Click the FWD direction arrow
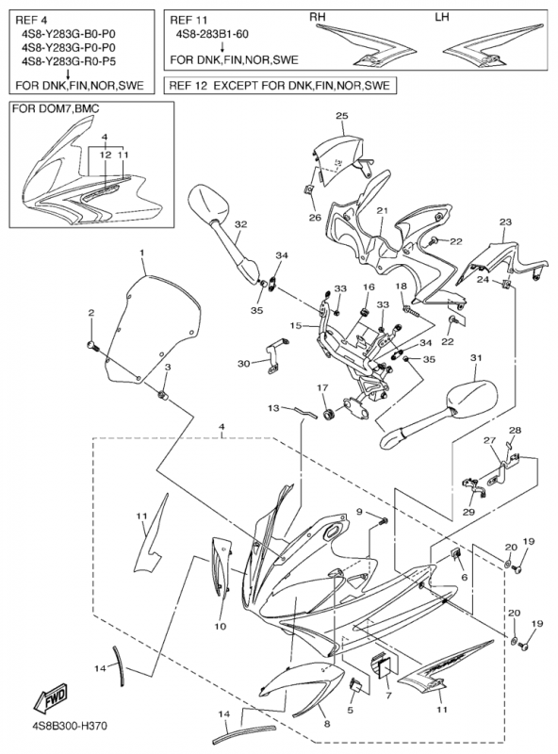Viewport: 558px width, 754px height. [x=50, y=698]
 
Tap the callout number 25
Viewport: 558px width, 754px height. [x=342, y=116]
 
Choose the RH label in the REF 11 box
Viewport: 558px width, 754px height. [x=317, y=17]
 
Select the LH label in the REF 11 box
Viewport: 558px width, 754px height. [x=441, y=17]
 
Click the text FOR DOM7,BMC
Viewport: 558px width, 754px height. [x=56, y=108]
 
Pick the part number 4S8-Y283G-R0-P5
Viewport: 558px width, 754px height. [x=68, y=61]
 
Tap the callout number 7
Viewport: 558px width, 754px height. [x=388, y=696]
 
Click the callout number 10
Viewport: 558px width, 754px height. [x=220, y=627]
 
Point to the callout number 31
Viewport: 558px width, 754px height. [x=475, y=358]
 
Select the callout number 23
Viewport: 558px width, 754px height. [x=505, y=222]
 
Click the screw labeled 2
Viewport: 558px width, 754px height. [x=92, y=345]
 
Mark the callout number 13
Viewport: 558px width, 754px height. [x=273, y=408]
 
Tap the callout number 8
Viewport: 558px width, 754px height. [x=327, y=724]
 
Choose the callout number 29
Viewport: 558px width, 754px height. [x=468, y=512]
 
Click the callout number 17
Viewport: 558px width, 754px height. [x=321, y=387]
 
